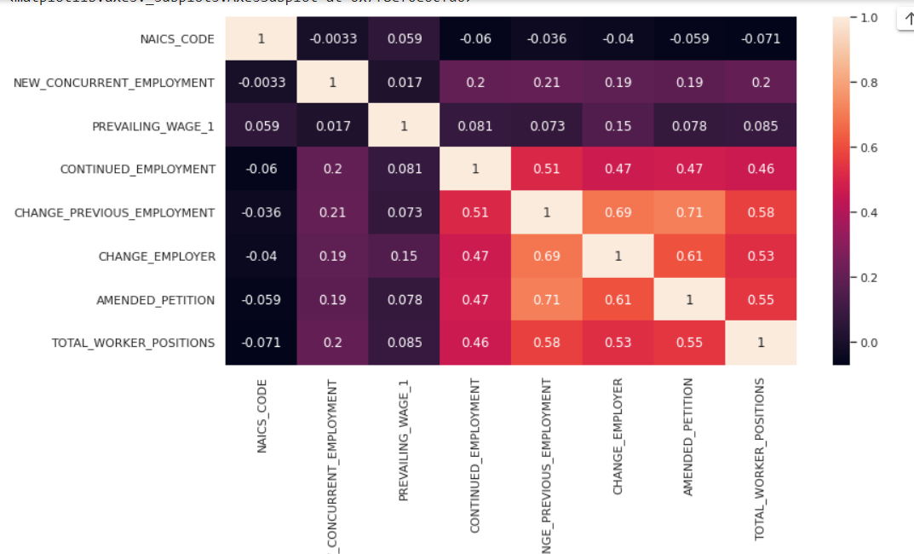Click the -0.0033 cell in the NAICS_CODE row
[x=333, y=39]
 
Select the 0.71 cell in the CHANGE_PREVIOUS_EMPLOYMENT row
[x=689, y=212]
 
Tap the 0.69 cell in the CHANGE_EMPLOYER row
[x=547, y=256]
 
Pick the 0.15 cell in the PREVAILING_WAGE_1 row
[x=618, y=126]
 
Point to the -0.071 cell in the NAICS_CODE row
[x=761, y=39]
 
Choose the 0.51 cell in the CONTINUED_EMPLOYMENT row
[x=547, y=169]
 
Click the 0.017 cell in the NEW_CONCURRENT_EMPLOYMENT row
[x=405, y=83]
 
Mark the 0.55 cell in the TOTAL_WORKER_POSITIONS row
[x=689, y=343]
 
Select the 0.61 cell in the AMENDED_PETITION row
[x=618, y=299]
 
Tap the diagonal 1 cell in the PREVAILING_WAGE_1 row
[x=405, y=126]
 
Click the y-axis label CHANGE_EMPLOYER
[x=157, y=256]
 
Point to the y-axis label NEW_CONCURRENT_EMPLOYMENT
[x=114, y=83]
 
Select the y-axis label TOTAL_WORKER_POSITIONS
[x=133, y=343]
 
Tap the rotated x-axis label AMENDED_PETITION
[x=689, y=437]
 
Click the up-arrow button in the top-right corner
[x=906, y=19]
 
